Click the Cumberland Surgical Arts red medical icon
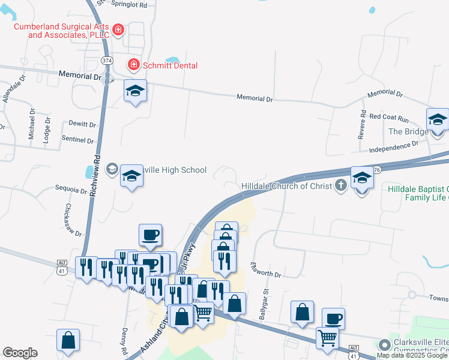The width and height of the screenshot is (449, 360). coord(118,29)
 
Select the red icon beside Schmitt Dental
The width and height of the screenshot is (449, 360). coord(133,64)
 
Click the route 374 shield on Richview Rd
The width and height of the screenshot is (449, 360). coord(107,61)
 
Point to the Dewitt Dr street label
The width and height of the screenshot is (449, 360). coord(83,124)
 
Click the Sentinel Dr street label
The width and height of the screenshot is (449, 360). coord(78,140)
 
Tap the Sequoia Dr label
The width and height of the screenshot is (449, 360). coord(71,190)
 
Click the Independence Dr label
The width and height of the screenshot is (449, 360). coord(394,145)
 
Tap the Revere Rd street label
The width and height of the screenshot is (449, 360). coord(362,125)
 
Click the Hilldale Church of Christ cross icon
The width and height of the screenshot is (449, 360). coord(341,186)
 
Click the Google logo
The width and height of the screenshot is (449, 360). coord(20,353)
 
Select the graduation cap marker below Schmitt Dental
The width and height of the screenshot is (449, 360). coord(135,91)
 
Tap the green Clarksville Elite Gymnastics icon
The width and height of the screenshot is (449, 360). coord(384,344)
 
